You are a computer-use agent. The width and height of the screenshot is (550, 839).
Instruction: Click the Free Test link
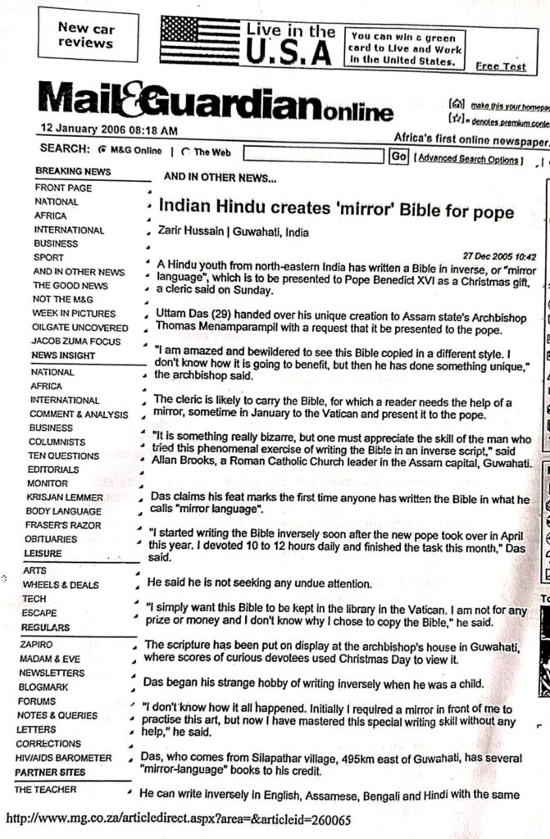(501, 66)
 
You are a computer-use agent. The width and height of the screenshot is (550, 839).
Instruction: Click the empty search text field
(314, 155)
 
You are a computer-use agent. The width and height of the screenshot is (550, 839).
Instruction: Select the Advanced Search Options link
(468, 159)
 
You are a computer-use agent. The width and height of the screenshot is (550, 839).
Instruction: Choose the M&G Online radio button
(102, 151)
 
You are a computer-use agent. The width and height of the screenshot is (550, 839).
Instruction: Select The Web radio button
(185, 152)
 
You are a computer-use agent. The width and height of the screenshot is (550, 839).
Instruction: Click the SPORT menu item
(49, 258)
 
